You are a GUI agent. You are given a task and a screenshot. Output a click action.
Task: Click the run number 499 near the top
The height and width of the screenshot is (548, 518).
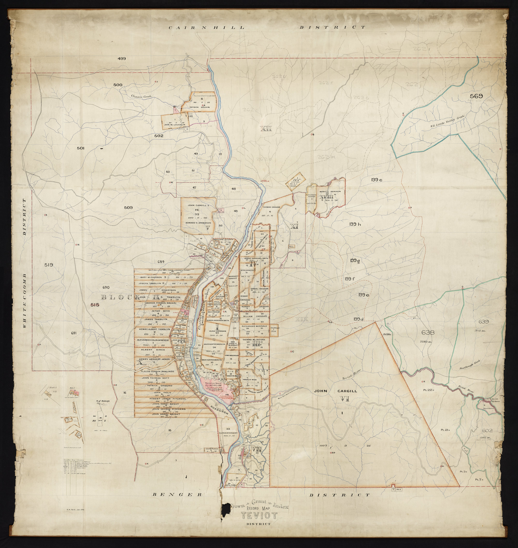point(122,59)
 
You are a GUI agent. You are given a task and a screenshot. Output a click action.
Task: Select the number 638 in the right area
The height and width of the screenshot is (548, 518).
point(428,333)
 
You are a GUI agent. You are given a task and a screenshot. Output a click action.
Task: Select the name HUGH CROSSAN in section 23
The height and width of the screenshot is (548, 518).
point(218,331)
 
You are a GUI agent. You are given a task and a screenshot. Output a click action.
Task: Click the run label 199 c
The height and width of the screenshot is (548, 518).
point(376,180)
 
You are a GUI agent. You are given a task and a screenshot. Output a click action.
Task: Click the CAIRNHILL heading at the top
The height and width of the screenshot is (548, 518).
point(206,28)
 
